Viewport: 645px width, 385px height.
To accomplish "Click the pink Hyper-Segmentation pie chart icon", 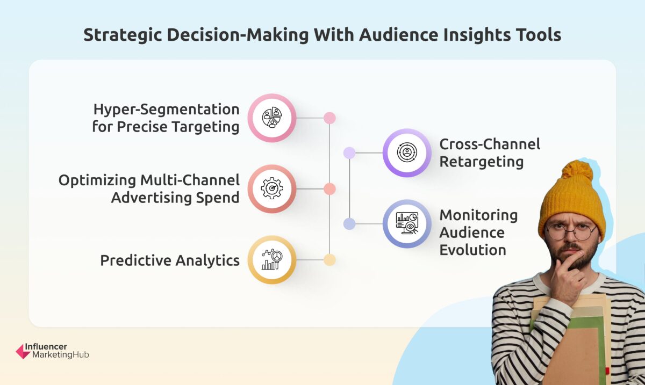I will click(x=271, y=118).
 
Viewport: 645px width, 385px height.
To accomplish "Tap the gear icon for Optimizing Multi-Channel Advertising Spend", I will click(x=271, y=188).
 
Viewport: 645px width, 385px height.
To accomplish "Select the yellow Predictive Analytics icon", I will click(x=271, y=260).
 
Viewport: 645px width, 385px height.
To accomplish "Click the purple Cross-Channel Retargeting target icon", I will click(x=407, y=152).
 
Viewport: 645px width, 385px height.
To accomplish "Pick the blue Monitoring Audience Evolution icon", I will click(x=407, y=224).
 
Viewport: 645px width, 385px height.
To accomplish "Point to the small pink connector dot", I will click(x=330, y=118).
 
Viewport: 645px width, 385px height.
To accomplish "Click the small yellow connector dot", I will click(x=330, y=260).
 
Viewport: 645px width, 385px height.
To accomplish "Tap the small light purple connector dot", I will click(x=349, y=152).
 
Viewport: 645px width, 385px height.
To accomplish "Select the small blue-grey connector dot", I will click(x=349, y=224).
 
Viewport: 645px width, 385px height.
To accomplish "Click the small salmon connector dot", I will click(x=330, y=188).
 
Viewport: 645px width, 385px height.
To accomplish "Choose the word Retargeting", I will click(x=482, y=161).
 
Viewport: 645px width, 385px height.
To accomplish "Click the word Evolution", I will click(x=472, y=250).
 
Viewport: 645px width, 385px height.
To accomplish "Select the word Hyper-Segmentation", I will click(x=166, y=110).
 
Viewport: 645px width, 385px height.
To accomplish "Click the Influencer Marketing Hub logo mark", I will click(x=23, y=352).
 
